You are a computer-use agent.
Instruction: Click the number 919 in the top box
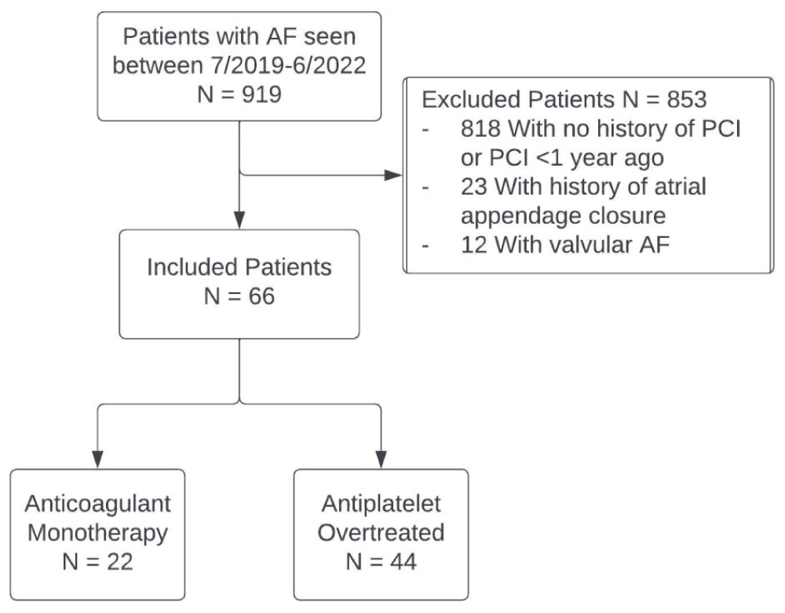pos(260,94)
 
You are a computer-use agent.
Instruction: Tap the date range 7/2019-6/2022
pos(284,66)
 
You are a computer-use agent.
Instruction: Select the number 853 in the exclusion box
pos(686,99)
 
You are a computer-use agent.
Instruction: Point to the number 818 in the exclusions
pos(480,129)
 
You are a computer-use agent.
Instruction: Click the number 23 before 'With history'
pos(473,186)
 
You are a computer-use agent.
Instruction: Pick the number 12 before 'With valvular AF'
pos(473,244)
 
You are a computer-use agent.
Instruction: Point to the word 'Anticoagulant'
pos(97,504)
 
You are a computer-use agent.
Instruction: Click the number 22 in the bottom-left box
pos(119,561)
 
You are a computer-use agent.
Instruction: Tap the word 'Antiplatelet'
pos(381,504)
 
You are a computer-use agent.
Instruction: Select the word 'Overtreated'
pos(381,532)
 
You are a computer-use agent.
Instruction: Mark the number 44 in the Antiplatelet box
pos(403,561)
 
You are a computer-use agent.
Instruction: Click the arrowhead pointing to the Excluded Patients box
pos(393,175)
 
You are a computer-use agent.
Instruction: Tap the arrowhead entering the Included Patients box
pos(239,220)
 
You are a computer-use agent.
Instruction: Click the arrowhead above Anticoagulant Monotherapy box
pos(97,460)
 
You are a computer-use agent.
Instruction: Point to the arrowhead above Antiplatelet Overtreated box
pos(381,460)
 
